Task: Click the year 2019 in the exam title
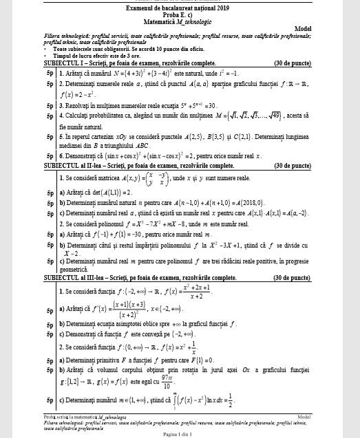click(x=224, y=7)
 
